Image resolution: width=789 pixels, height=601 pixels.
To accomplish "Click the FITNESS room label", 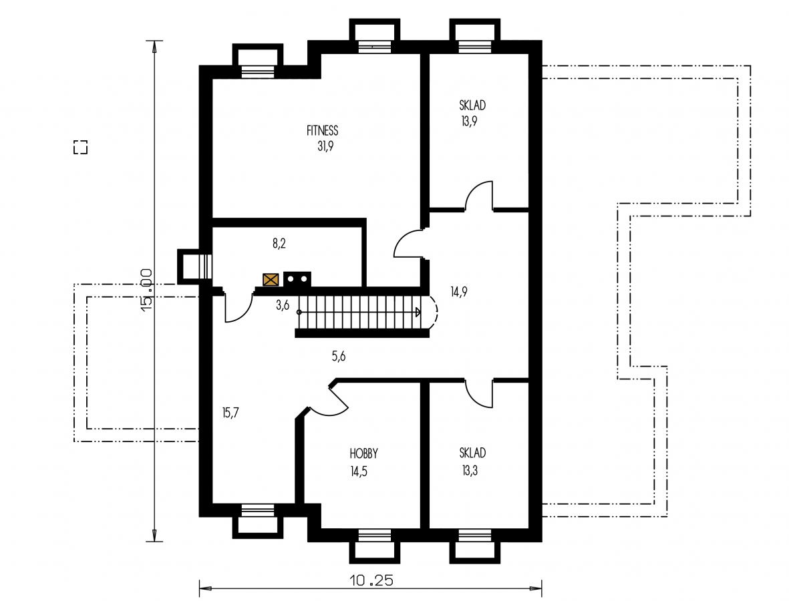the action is [322, 131].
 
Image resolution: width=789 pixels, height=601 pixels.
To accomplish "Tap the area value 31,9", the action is [325, 146].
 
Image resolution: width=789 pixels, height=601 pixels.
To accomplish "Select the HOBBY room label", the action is [363, 453].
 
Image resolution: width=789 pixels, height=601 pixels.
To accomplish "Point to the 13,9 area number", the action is [469, 122].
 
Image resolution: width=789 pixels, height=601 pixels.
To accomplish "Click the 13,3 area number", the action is [470, 471].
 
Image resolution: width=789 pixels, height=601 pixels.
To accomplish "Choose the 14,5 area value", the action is [358, 471].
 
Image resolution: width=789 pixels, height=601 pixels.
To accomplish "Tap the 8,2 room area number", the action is [279, 244].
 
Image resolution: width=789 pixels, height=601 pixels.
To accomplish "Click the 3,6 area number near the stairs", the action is [283, 305].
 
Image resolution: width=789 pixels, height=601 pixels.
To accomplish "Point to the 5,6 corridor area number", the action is [339, 357].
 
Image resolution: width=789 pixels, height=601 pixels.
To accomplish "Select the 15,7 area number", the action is [230, 413].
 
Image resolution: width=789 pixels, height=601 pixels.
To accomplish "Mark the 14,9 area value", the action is [458, 292].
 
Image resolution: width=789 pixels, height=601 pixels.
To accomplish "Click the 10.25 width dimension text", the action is [371, 581].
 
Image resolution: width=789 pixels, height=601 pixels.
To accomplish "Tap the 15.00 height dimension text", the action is [146, 290].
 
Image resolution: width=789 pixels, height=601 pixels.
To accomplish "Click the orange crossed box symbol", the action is [271, 280].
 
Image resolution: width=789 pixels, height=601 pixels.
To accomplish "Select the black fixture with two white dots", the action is [297, 279].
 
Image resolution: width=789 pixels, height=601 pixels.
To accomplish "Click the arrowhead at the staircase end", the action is [418, 313].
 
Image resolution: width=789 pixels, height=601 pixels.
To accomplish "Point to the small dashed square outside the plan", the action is [81, 147].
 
